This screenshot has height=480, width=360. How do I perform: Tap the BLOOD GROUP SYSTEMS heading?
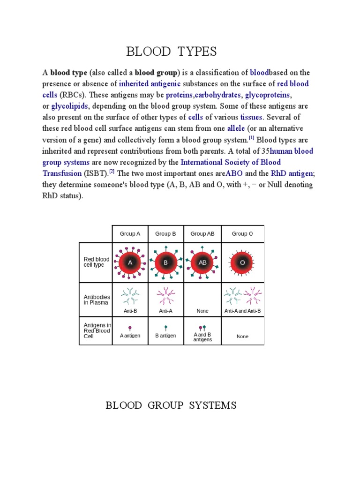[x=171, y=405]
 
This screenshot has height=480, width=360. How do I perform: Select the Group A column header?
[x=130, y=234]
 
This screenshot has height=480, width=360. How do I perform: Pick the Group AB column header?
[x=202, y=234]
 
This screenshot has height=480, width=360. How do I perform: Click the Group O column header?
[x=242, y=234]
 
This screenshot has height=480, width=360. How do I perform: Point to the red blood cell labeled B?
[x=165, y=262]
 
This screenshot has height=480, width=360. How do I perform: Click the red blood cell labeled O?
[x=242, y=262]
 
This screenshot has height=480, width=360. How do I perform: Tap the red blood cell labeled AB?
[x=202, y=262]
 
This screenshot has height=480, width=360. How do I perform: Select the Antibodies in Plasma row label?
[x=97, y=300]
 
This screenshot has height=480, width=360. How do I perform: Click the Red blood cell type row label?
[x=97, y=262]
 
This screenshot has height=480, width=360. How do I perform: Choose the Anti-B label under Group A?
[x=130, y=311]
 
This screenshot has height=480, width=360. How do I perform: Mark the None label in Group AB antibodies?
[x=202, y=311]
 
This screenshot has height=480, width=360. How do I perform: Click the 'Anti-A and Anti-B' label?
[x=242, y=311]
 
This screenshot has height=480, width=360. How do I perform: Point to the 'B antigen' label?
[x=165, y=336]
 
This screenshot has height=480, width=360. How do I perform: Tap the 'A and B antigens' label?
[x=202, y=337]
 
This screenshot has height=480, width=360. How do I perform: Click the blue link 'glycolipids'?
[x=69, y=106]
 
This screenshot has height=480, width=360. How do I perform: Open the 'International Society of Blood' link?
[x=231, y=163]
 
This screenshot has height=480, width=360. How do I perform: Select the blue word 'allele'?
[x=236, y=129]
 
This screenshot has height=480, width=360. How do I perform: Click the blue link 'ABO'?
[x=234, y=174]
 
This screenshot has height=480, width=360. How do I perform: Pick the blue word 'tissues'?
[x=252, y=118]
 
